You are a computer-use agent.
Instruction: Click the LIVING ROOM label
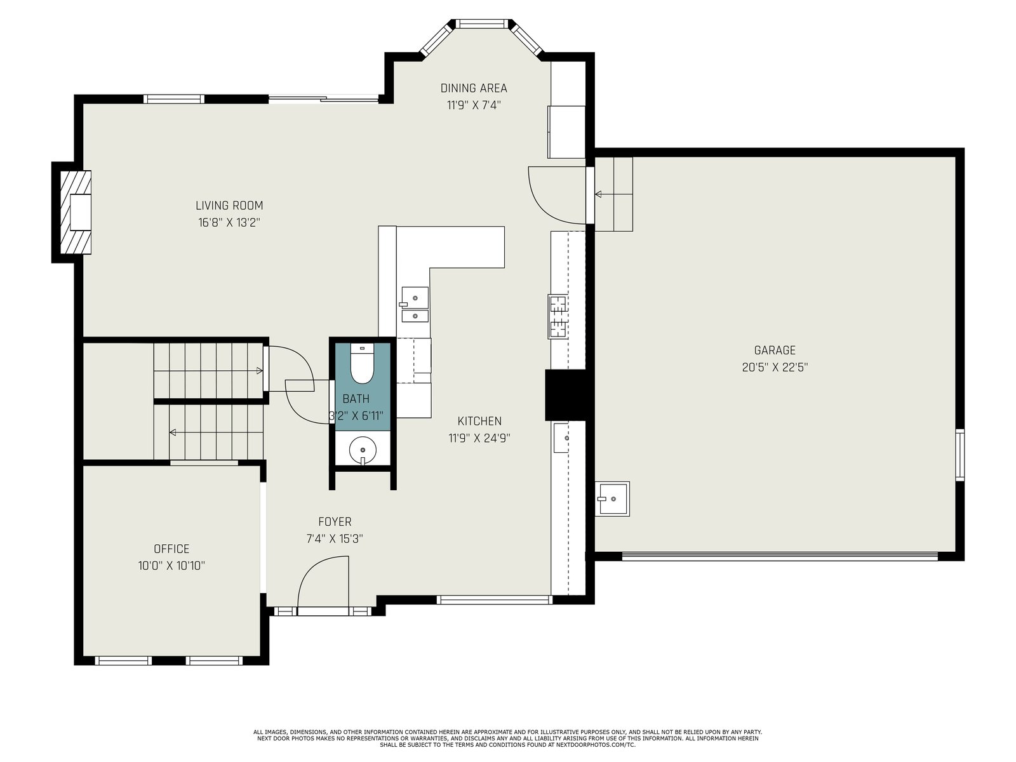coord(229,205)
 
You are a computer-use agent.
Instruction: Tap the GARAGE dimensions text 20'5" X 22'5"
coord(775,368)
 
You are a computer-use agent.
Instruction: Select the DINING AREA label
coord(474,88)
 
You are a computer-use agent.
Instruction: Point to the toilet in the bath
coord(363,363)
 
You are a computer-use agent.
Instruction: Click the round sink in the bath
coord(363,450)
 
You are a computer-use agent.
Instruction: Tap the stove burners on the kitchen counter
coord(558,317)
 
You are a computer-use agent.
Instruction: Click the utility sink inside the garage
coord(612,498)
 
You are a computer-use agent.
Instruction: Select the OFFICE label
coord(171,549)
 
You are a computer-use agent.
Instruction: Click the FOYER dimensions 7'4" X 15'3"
coord(335,538)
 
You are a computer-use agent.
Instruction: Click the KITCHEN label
coord(479,421)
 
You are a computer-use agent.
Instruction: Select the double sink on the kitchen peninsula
coord(415,304)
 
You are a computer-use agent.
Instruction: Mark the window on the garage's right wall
coord(960,455)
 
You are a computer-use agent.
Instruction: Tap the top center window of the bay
coord(483,23)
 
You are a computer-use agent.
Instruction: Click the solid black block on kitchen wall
coord(565,394)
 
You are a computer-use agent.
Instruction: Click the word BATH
coord(356,399)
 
